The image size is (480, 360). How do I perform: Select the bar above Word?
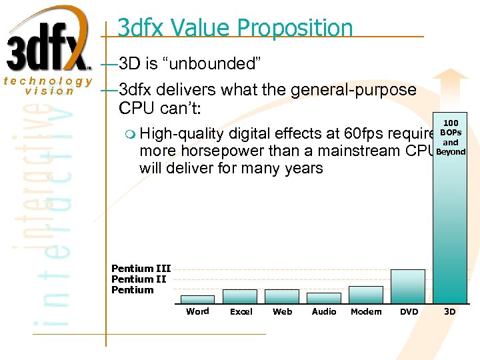[197, 299]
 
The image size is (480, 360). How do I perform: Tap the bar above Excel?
[240, 296]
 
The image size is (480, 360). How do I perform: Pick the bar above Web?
[282, 296]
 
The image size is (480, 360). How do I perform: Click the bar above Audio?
[324, 298]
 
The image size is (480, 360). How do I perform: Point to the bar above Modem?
[366, 295]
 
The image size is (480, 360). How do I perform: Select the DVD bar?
[408, 286]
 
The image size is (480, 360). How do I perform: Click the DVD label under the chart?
[409, 311]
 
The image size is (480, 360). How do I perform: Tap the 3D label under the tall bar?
[450, 311]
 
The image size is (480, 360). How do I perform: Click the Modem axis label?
[366, 311]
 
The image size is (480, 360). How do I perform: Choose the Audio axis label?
[324, 311]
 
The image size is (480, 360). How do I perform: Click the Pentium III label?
[141, 269]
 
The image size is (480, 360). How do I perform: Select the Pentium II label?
[138, 279]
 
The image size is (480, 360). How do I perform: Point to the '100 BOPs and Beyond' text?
[451, 137]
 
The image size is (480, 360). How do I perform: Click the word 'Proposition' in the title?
[295, 28]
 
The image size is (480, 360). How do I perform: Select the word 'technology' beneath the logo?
[47, 81]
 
